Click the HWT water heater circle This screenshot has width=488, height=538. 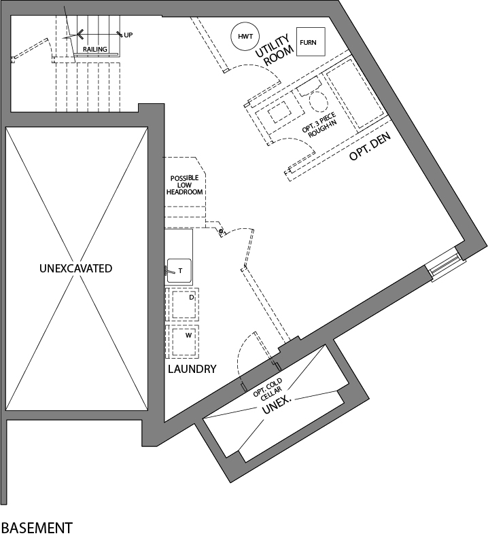[244, 36]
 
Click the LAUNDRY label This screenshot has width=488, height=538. [192, 370]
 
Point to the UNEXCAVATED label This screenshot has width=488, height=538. [76, 269]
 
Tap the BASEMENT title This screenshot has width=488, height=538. [37, 527]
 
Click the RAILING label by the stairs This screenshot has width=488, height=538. [94, 50]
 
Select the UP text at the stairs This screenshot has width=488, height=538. [128, 34]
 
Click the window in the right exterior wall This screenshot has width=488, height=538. [446, 264]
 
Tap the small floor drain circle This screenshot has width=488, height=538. [222, 232]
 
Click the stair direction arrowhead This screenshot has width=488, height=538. [80, 34]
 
